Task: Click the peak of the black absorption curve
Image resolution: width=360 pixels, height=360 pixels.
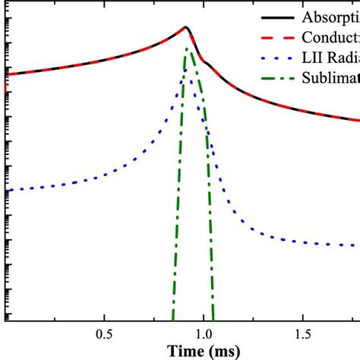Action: click(x=185, y=27)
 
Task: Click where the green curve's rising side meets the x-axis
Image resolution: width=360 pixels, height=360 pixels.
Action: click(x=172, y=321)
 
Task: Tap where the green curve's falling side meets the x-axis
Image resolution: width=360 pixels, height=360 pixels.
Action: click(x=213, y=321)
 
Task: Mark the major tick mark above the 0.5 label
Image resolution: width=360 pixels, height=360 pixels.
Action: click(x=105, y=318)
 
